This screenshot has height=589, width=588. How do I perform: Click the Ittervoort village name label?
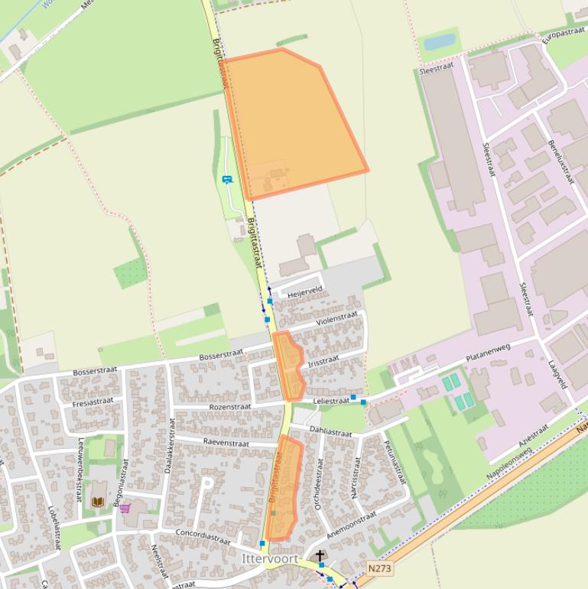point(269,559)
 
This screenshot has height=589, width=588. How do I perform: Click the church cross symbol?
point(320,556)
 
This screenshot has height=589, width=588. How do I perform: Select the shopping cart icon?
point(125,508)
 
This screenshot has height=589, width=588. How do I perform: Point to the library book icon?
point(98,502)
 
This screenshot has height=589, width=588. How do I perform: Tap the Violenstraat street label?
point(336,318)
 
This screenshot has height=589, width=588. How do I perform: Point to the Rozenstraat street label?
point(229,407)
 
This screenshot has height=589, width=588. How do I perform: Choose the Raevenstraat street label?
point(226,443)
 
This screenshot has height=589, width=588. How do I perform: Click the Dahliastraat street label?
point(330,433)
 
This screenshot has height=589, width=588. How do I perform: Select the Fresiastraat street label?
point(93,402)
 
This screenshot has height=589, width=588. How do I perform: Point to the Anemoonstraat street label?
point(352,525)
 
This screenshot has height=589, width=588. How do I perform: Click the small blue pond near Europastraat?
point(440,42)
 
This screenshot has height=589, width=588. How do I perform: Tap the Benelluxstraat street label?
point(560,157)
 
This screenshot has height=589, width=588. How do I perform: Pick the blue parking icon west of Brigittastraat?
point(226,180)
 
